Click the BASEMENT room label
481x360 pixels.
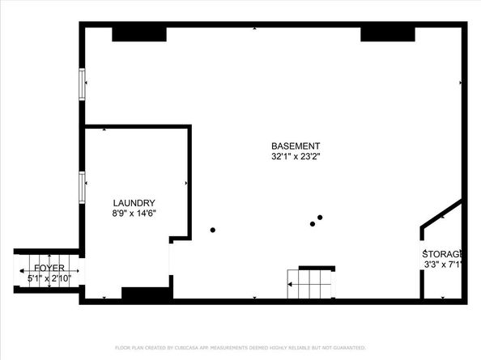click(289, 146)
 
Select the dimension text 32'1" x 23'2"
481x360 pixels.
click(289, 157)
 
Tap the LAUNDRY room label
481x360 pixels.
click(134, 203)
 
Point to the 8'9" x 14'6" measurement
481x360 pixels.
click(134, 214)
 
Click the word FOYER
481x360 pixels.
click(49, 267)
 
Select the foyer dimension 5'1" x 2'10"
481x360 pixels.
click(49, 278)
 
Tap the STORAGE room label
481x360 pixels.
click(443, 253)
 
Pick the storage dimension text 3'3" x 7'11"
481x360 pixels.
click(443, 265)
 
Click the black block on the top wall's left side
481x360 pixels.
click(139, 33)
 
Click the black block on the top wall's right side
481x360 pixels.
click(387, 33)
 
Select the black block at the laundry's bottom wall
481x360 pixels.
click(146, 294)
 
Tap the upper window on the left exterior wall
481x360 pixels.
click(82, 84)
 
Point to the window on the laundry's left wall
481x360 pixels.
click(82, 187)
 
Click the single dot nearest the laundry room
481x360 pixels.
click(213, 230)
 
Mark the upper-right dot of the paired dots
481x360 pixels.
click(320, 217)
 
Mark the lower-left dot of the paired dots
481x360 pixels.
click(312, 224)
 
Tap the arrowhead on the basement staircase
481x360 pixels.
click(290, 284)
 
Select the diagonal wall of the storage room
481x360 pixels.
click(441, 214)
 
